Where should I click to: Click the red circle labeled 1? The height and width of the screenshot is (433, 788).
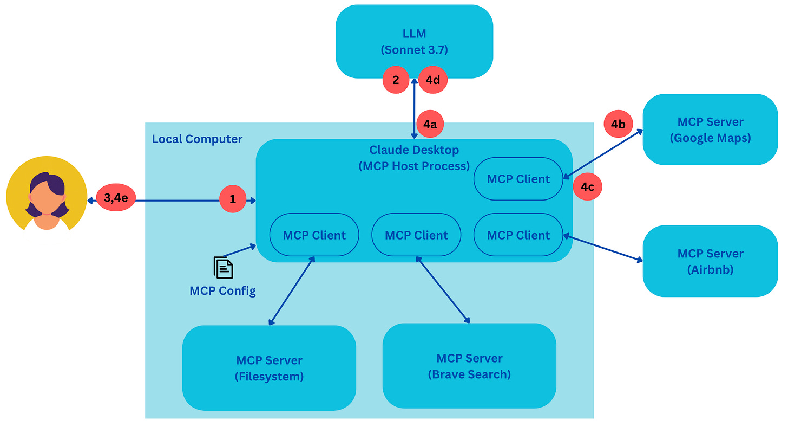pos(233,199)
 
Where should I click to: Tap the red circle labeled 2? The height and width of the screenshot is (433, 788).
pos(396,80)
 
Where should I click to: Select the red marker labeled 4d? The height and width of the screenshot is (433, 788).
pos(433,80)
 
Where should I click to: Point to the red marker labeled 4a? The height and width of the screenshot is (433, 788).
pos(430,124)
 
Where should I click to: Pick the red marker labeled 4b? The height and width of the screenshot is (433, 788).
pos(618,124)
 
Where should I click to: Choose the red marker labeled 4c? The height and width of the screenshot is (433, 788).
pos(587,186)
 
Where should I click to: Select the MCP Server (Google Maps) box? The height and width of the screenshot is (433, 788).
pos(710,130)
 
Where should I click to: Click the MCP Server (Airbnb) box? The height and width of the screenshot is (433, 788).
pos(710,261)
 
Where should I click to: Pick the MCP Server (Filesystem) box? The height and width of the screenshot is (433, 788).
pos(269,368)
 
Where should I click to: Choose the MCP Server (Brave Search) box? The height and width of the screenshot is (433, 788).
pos(469,366)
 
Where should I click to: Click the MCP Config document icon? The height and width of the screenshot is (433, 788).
pos(223,268)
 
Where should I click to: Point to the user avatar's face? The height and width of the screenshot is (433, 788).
pos(47,199)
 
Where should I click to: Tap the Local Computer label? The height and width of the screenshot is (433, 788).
pos(197,139)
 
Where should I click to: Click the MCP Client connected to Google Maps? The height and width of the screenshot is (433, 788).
pos(518,179)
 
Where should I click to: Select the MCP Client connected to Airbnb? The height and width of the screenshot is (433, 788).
pos(518,235)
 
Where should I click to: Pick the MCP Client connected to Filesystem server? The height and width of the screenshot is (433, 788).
pos(314,235)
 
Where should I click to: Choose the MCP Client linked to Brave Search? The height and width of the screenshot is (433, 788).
pos(416,235)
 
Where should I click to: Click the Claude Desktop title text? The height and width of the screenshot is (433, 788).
pos(413,150)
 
